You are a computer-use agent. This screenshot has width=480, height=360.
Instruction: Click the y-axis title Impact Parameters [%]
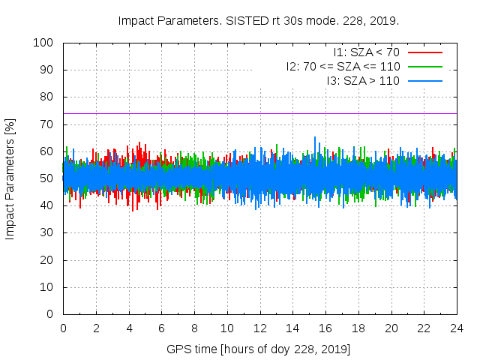(x=10, y=178)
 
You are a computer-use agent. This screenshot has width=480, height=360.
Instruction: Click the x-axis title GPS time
(x=258, y=349)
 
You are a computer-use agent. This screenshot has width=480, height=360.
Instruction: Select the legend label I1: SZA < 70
(x=366, y=52)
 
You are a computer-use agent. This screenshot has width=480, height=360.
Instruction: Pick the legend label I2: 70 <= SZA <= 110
(x=343, y=66)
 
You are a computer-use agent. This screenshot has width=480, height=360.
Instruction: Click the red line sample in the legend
(x=424, y=52)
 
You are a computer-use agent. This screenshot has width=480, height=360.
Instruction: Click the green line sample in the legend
(x=424, y=66)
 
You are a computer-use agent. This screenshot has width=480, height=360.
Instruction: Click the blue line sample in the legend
(x=424, y=80)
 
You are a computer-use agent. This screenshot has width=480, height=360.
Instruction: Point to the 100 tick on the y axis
(x=46, y=43)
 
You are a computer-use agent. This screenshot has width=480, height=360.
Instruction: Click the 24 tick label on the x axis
(x=457, y=328)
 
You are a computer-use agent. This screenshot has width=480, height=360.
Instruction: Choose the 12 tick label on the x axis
(x=260, y=328)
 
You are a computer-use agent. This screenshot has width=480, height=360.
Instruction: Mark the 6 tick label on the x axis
(x=162, y=328)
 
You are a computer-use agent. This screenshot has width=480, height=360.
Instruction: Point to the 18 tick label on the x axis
(x=358, y=328)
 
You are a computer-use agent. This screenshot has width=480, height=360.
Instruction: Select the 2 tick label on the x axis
(x=96, y=328)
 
